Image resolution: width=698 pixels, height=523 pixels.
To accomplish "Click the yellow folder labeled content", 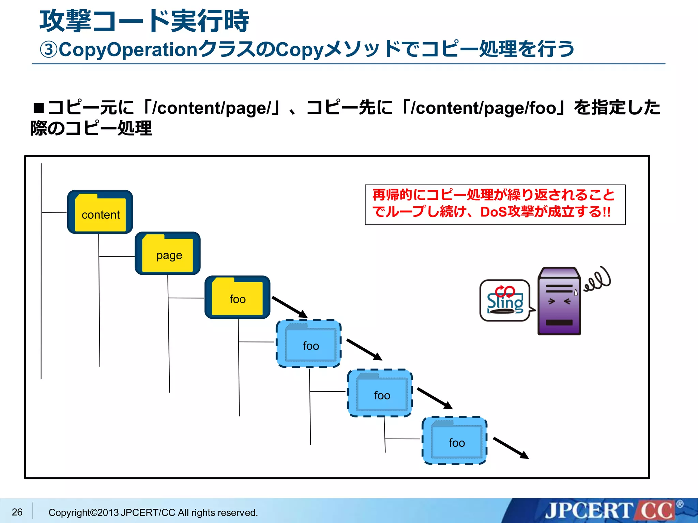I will (100, 212).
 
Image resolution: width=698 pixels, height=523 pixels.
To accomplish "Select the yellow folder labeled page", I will (167, 253).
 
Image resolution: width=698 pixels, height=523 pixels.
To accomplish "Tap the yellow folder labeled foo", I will (237, 297).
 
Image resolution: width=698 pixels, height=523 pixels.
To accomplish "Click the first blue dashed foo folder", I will (309, 344).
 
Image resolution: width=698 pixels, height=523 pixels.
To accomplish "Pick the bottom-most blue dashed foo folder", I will (455, 441).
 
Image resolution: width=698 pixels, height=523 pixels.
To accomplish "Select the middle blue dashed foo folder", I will (380, 393).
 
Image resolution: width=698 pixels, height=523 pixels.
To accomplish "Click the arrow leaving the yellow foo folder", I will (290, 307).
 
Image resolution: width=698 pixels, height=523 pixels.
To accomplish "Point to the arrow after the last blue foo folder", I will (511, 448).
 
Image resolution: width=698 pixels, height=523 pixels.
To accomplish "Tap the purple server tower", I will (559, 301).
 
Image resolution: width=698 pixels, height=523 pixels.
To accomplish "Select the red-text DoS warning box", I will (495, 205).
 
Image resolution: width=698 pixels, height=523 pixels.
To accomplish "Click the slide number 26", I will (17, 512).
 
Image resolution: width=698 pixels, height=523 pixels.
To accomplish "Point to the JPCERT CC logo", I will (610, 511).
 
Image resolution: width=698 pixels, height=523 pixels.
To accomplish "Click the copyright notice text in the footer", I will (153, 512).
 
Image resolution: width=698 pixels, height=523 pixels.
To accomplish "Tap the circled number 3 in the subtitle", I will (49, 50).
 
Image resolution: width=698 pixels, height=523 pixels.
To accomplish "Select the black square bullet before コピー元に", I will (39, 108).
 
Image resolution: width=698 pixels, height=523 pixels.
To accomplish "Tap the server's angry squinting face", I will (559, 301).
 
